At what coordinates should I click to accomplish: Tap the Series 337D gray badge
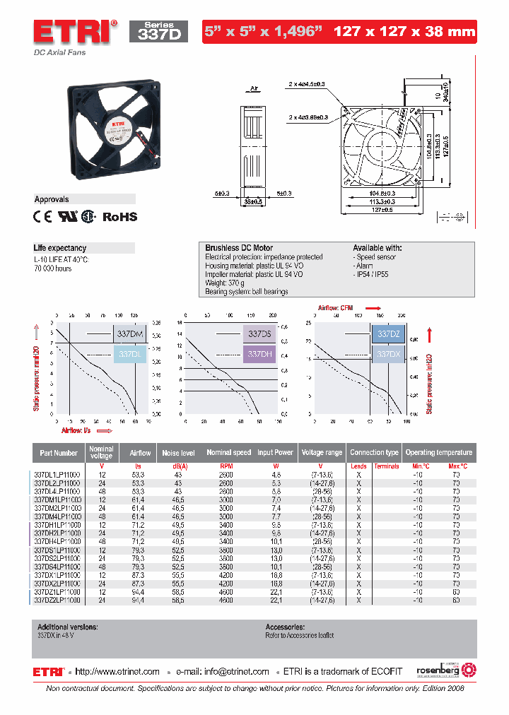point(158,31)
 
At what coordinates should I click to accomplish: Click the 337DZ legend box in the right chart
point(389,333)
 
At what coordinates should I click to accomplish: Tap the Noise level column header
point(178,452)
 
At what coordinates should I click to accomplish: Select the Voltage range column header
point(322,452)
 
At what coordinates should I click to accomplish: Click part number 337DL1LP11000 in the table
point(58,475)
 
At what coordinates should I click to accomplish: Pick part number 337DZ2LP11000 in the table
point(58,600)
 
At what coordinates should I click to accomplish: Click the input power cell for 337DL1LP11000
point(276,475)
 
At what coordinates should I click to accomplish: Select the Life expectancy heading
point(60,248)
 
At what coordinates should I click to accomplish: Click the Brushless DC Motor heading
point(238,248)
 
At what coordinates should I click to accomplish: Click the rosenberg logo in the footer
point(441,670)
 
